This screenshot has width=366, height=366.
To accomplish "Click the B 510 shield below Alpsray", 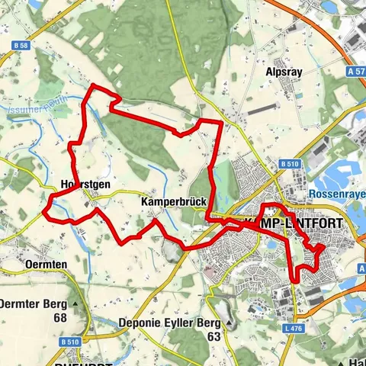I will pyautogui.click(x=287, y=163).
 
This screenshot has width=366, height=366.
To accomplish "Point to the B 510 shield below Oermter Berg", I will pyautogui.click(x=71, y=341).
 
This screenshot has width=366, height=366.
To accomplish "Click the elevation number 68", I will pyautogui.click(x=61, y=318).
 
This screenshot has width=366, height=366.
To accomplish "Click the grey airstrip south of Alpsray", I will pyautogui.click(x=263, y=108).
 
